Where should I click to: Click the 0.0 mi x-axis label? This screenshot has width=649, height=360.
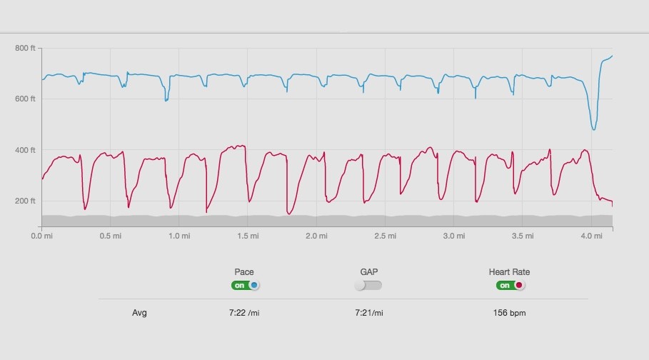[42, 235]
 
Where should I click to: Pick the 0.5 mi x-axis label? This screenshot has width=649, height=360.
[110, 235]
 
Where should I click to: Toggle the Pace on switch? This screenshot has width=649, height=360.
[245, 285]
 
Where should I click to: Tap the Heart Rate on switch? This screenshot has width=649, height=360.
[510, 285]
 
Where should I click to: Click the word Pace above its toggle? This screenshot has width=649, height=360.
[244, 271]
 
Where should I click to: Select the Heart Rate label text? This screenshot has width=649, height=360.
[510, 271]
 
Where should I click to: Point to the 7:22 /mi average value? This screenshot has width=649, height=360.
[244, 312]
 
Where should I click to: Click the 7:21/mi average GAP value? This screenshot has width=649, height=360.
[369, 312]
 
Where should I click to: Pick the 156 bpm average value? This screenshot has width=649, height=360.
[510, 312]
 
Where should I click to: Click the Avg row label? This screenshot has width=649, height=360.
[139, 312]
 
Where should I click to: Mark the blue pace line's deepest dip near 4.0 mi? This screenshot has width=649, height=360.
[593, 129]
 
